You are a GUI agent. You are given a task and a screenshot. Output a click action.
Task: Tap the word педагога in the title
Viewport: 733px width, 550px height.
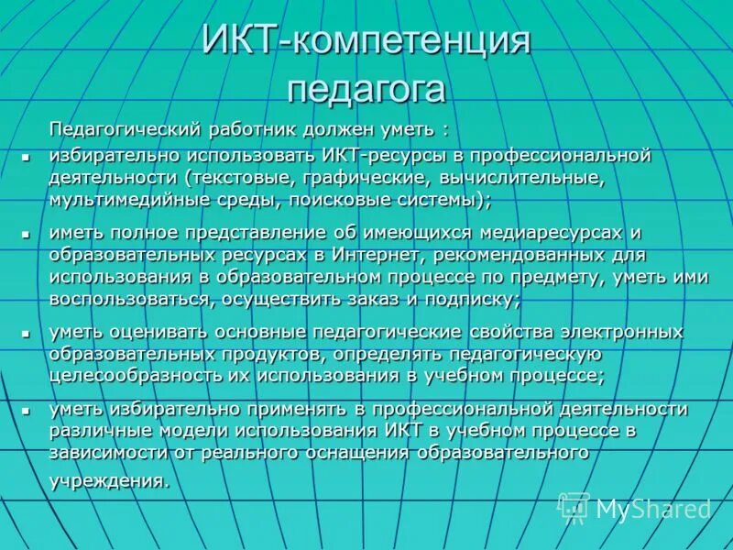(x=366, y=89)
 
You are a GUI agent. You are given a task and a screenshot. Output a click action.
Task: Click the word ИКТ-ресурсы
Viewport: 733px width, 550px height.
(x=376, y=155)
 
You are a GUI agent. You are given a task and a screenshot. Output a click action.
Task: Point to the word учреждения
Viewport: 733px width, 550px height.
(x=108, y=480)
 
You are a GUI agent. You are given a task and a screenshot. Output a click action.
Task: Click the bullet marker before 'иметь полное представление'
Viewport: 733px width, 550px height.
(x=27, y=236)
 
